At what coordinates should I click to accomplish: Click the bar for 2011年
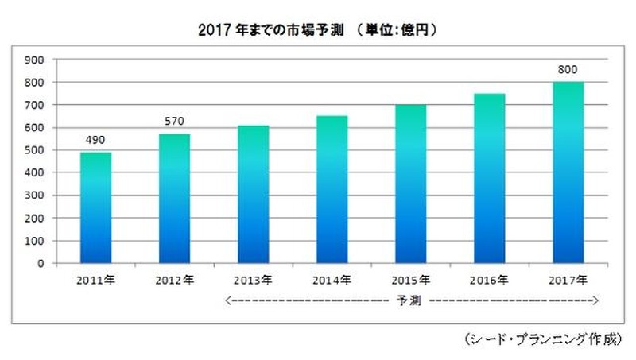click(95, 207)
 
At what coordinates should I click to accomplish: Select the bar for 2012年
click(174, 199)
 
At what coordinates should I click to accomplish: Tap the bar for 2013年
click(253, 194)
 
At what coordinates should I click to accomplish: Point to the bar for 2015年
click(410, 184)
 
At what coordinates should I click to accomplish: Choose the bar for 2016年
click(489, 178)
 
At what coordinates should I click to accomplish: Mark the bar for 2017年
click(568, 172)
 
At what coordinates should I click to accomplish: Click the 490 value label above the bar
click(95, 141)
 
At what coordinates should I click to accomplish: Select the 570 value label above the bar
click(174, 122)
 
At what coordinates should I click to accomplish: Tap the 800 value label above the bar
click(568, 70)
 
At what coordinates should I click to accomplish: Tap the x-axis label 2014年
click(332, 280)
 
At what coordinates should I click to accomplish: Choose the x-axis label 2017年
click(568, 280)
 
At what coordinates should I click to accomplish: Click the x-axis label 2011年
click(95, 280)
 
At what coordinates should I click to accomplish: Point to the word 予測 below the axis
click(411, 300)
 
